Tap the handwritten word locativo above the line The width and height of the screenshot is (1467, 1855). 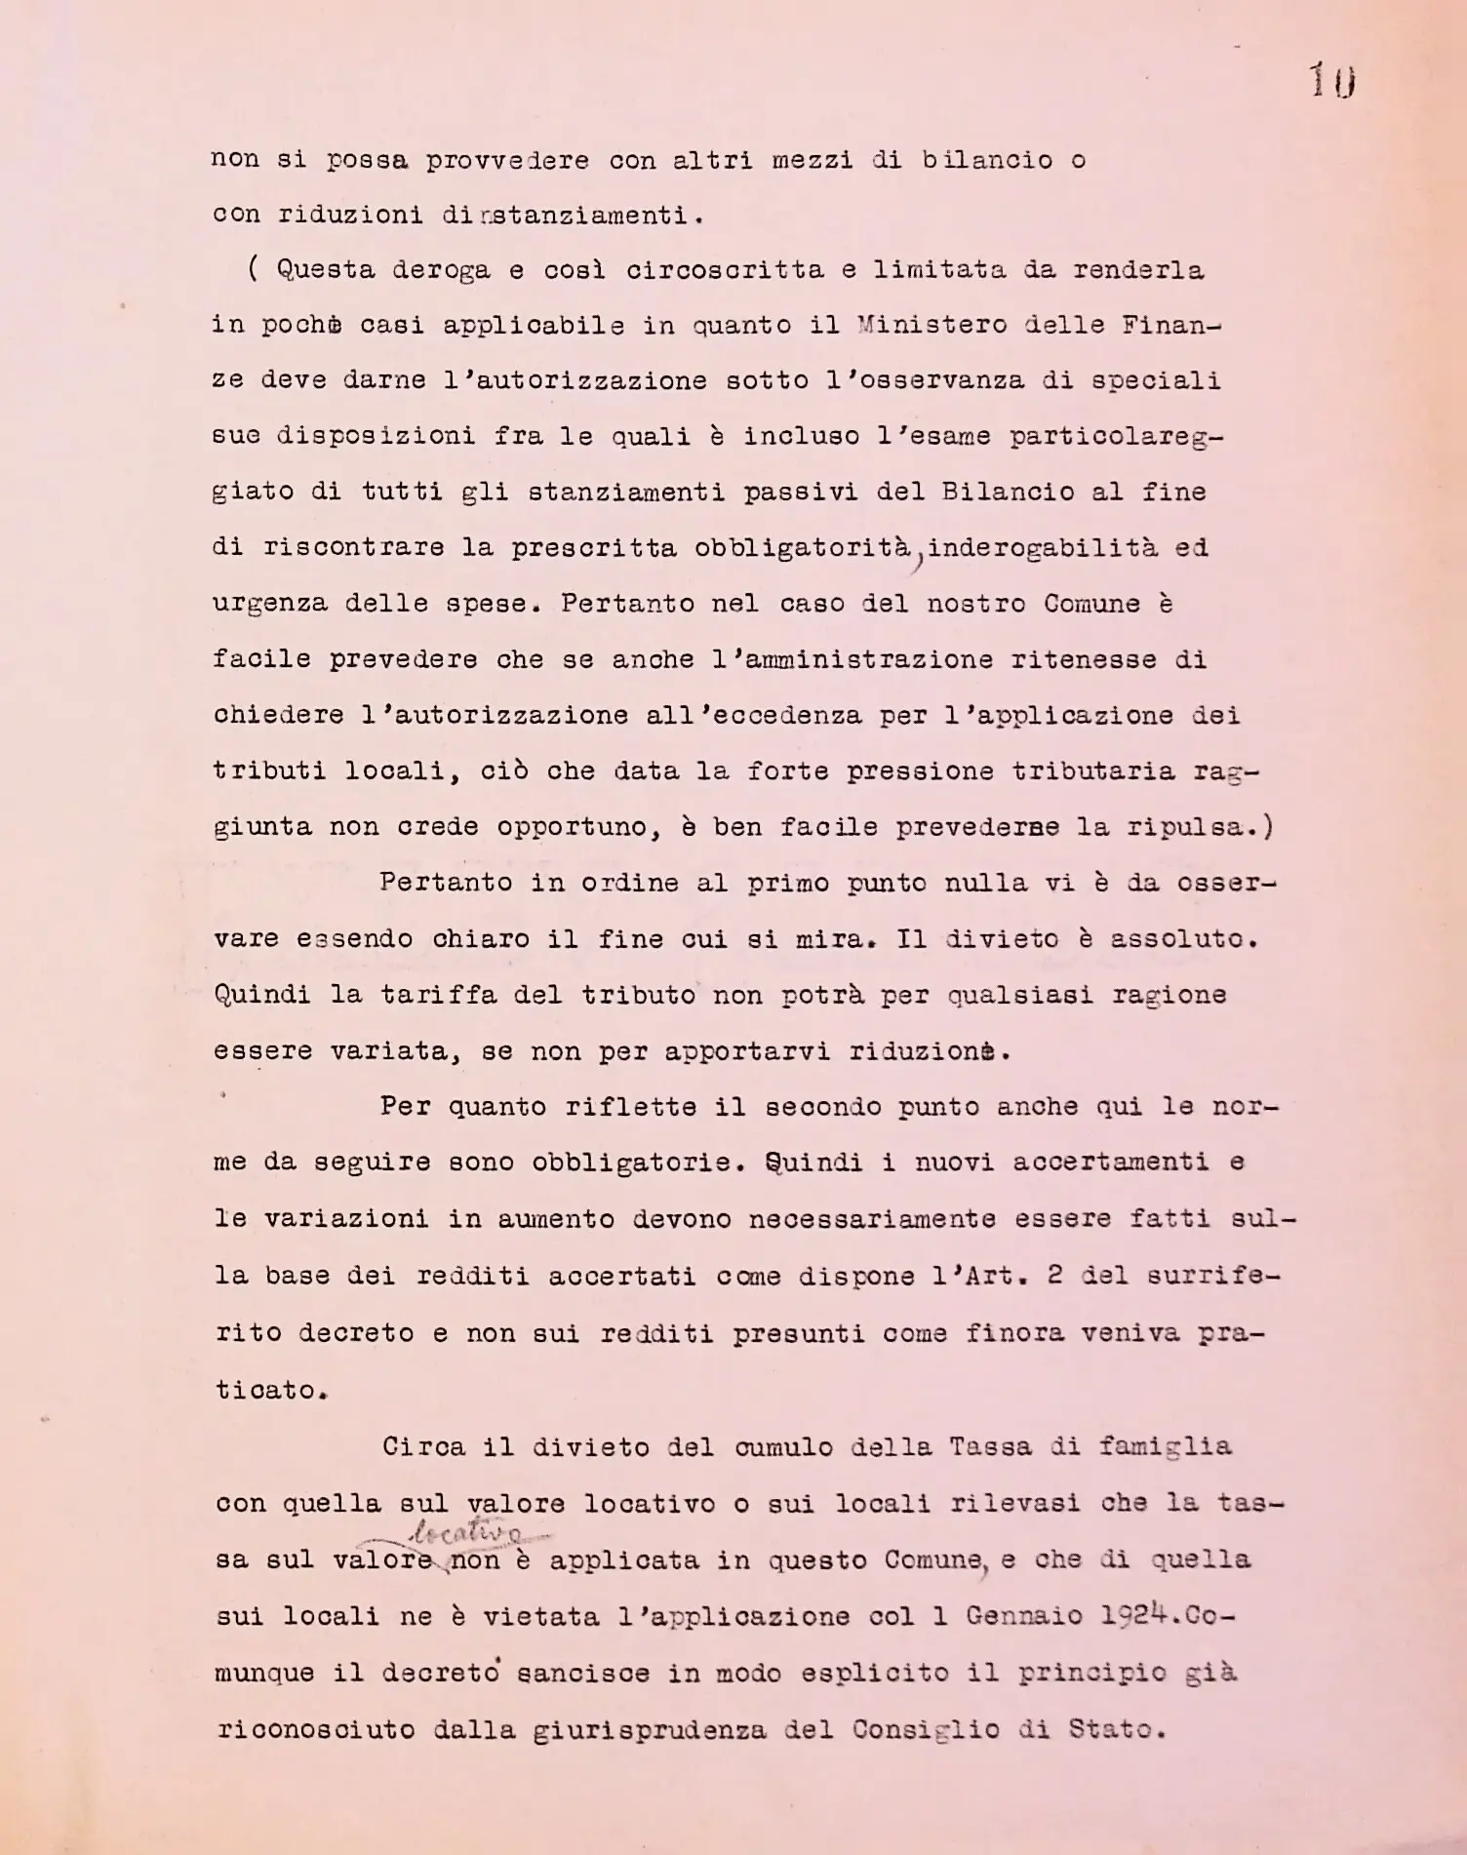tap(466, 1533)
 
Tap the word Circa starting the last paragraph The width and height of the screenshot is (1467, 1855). tap(424, 1446)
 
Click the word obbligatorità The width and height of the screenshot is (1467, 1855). tap(802, 548)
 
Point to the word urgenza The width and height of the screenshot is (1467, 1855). tap(270, 604)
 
